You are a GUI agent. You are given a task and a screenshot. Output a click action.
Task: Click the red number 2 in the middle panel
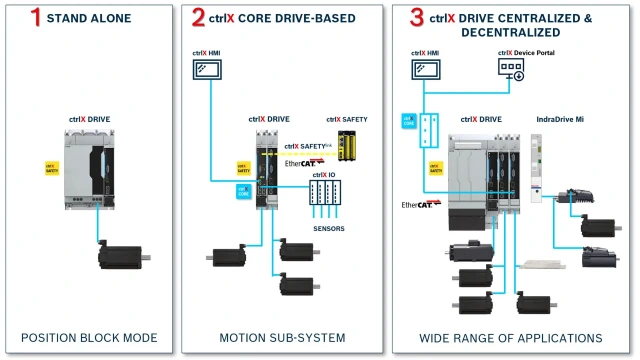coord(198,18)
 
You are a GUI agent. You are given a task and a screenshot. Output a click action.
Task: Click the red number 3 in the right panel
coord(406,18)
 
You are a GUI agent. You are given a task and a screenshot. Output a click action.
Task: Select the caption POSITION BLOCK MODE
coord(89,338)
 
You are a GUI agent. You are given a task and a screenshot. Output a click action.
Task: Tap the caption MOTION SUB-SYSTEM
coord(280,338)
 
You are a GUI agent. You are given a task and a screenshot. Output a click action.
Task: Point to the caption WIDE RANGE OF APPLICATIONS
coord(510,338)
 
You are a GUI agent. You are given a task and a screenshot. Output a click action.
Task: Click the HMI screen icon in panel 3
coord(425,70)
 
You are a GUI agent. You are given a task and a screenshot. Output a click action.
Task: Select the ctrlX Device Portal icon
coord(512,69)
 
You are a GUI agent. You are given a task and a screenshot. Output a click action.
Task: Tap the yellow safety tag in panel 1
coord(51,168)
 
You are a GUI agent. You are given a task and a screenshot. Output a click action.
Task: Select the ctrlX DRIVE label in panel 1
coord(90,119)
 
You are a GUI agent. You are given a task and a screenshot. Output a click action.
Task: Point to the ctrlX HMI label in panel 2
coord(211,51)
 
